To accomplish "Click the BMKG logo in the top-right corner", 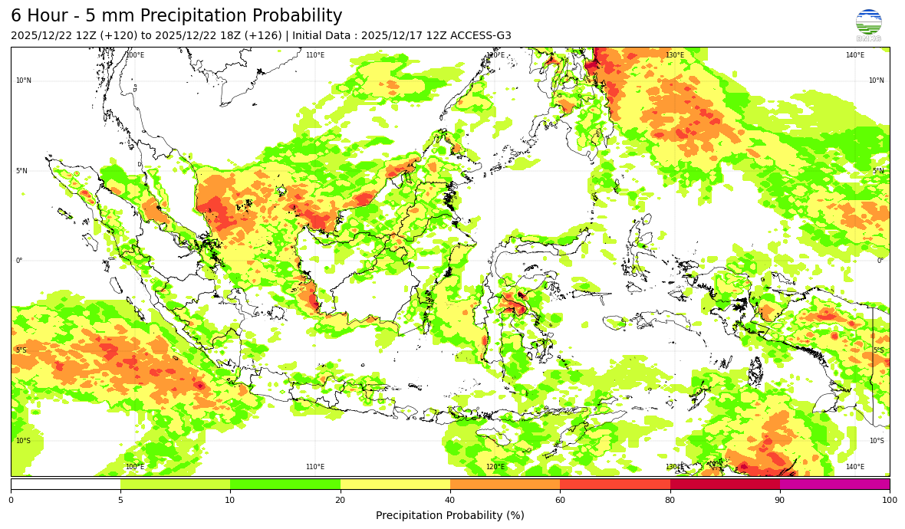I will point(868,25).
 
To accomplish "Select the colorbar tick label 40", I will point(450,500).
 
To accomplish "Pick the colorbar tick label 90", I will point(780,500).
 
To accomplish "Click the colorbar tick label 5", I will point(120,500).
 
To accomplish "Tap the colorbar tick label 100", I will point(890,500).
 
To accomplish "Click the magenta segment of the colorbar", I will point(834,484).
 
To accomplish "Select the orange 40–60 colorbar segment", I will point(505,484).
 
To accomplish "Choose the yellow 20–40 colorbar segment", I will point(395,484).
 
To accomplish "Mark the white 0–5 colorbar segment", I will point(65,484).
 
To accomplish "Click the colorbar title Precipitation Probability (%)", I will point(450,515).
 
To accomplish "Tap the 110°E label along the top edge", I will point(315,55).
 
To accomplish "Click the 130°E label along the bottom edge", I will point(674,467).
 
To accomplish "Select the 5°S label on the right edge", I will point(878,350).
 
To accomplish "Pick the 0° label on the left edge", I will point(19,261).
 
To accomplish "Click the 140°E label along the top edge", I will point(855,55).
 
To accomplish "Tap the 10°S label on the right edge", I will point(877,441).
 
